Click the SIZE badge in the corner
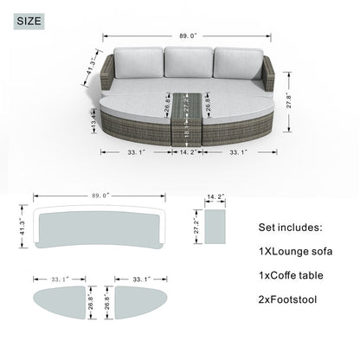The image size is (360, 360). click(29, 21)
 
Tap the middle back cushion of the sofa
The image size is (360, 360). click(189, 62)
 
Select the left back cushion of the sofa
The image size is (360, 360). click(138, 63)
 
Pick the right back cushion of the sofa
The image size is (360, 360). click(238, 63)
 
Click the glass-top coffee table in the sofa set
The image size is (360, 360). click(187, 119)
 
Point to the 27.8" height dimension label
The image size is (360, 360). click(289, 100)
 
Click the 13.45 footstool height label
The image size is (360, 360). click(93, 121)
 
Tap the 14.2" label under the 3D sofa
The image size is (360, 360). click(188, 152)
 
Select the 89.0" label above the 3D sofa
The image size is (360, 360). click(188, 35)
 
